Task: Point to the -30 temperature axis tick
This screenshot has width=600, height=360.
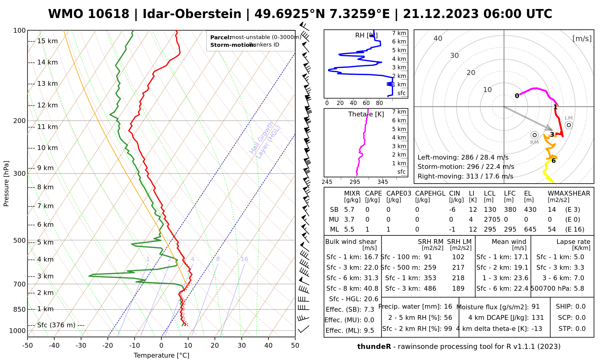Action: click(81, 346)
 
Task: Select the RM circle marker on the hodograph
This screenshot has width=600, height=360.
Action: click(534, 135)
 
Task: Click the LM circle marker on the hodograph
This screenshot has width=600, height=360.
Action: click(568, 125)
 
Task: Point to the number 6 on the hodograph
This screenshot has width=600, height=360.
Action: click(553, 161)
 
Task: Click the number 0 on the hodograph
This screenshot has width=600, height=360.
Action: click(517, 96)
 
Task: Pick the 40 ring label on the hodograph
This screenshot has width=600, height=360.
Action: click(438, 38)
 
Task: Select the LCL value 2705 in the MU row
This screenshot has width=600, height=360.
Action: click(492, 220)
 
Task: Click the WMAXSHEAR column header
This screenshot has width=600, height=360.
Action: click(569, 193)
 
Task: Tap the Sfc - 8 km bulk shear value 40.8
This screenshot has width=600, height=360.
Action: click(371, 289)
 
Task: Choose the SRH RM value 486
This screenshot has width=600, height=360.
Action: click(430, 289)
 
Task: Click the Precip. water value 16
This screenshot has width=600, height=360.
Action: click(448, 307)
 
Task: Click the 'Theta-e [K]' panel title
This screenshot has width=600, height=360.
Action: click(366, 114)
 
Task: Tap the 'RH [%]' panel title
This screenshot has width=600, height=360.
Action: click(366, 35)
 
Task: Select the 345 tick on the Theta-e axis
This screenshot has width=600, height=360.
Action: click(382, 182)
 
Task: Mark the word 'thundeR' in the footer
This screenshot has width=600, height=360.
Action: click(374, 347)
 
